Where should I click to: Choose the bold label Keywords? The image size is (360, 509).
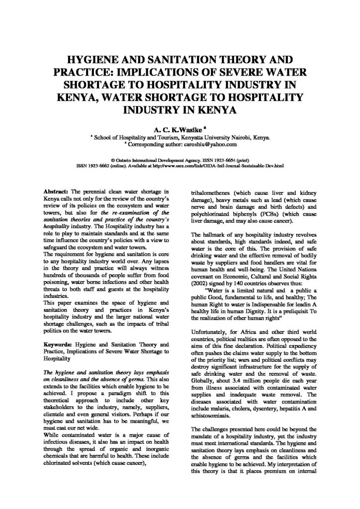pos(57,344)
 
